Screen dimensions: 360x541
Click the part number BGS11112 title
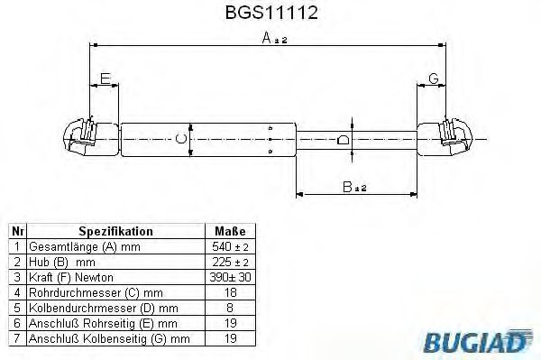tap(270, 14)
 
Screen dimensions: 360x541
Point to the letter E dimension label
tap(105, 79)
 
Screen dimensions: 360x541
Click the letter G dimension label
tap(433, 79)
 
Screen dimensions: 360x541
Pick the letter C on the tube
tap(181, 139)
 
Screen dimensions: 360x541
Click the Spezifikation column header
tap(115, 231)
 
